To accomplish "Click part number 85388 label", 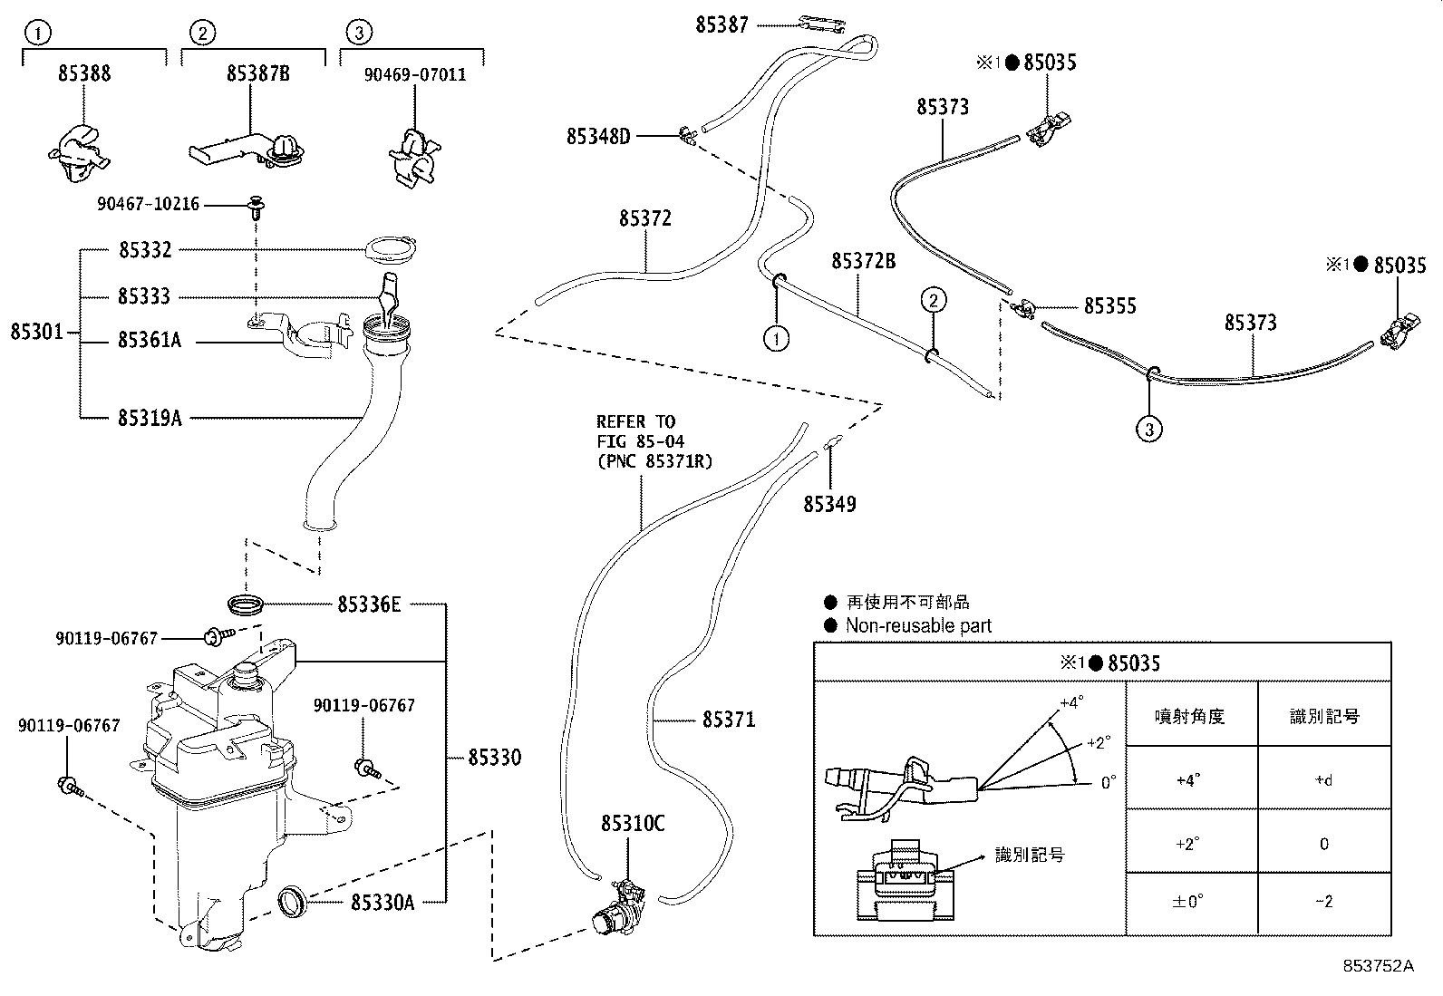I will coord(84,73).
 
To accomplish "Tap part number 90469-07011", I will coord(414,74).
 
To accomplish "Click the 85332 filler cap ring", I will coord(391,247).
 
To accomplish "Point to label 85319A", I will coord(150,418).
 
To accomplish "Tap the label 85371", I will coord(728,720).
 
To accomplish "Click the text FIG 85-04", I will coord(640,441).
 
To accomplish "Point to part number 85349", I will coord(828,504).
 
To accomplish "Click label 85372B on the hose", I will coord(863,262).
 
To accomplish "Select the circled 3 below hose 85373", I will coord(1148,429).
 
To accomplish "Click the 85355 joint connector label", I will coord(1110,306).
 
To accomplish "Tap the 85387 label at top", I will coord(721,25).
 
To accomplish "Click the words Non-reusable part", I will coord(917,625).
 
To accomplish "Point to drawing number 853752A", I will coord(1378,965).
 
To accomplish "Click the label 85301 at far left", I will coord(37,332).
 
